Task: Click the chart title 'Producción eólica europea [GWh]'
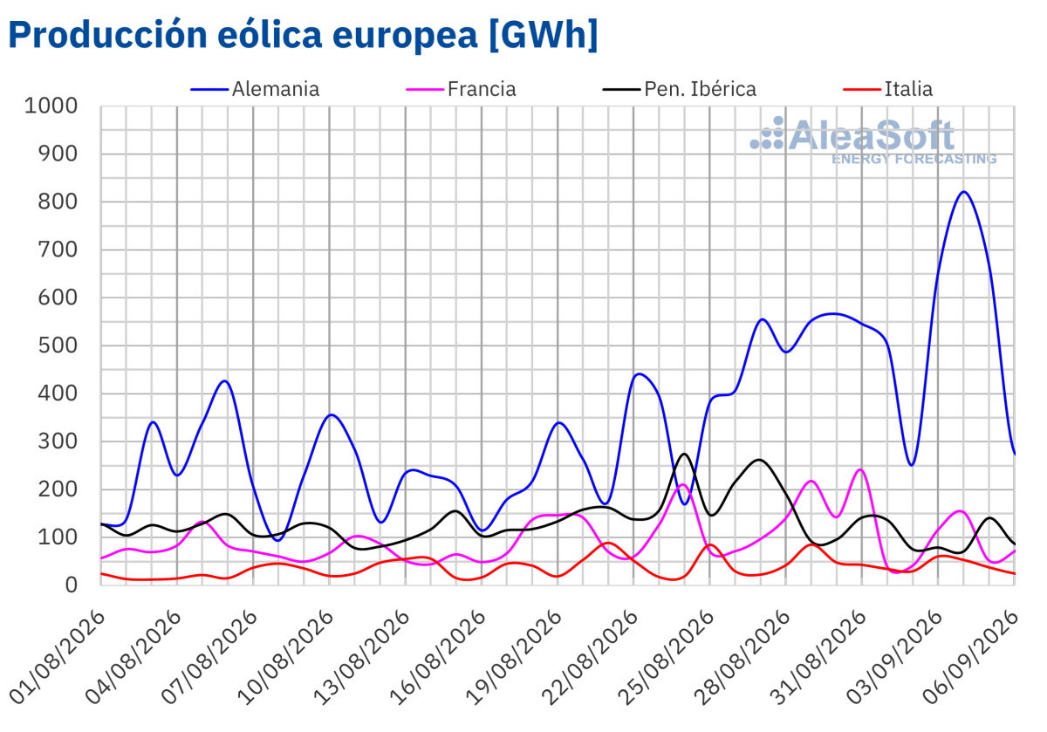pos(303,35)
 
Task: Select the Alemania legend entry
pos(255,89)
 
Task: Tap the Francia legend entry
pos(462,89)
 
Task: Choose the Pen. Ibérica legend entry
pos(680,89)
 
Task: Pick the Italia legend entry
pos(888,89)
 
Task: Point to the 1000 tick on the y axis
pos(51,106)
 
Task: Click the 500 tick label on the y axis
pos(58,345)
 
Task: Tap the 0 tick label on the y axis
pos(71,585)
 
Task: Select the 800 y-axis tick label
pos(58,202)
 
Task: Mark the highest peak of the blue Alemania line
pos(963,192)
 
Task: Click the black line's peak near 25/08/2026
pos(684,454)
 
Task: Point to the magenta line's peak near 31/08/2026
pos(860,469)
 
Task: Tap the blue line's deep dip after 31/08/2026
pos(912,465)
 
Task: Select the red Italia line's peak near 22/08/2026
pos(607,543)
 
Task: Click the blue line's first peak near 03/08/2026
pos(153,422)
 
